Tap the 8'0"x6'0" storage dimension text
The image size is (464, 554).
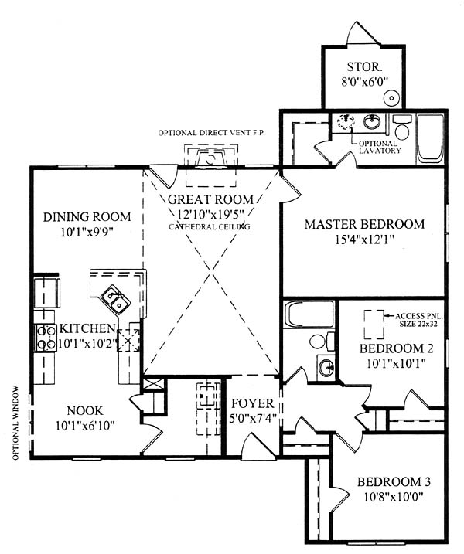tap(364, 82)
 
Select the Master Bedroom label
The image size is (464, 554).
tap(364, 224)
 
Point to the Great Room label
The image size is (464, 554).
tap(210, 199)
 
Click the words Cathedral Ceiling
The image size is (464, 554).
tap(210, 227)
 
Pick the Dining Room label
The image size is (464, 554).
tap(87, 216)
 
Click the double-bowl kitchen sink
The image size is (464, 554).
tap(116, 299)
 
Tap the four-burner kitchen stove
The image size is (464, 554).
tap(46, 338)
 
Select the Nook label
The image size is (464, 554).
tap(85, 410)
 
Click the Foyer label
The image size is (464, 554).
tap(253, 403)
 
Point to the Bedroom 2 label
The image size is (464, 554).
tap(396, 348)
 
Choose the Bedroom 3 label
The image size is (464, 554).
tap(394, 482)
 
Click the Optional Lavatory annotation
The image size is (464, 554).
tap(380, 147)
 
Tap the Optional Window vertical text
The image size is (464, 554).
tap(15, 423)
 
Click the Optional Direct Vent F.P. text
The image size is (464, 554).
tap(211, 133)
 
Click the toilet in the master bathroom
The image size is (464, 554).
tap(402, 127)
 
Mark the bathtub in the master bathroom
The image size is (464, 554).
tap(430, 138)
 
